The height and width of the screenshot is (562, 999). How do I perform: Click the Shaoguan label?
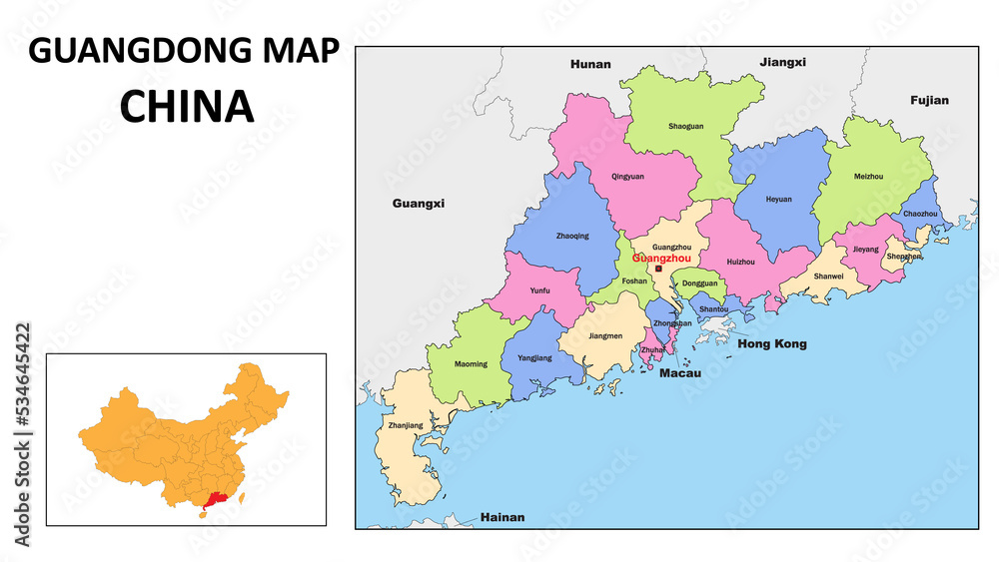point(684,127)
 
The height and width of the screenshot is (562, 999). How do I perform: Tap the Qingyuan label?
point(627,177)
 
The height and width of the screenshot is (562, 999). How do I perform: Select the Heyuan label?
point(778,199)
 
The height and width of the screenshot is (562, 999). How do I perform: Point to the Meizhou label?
point(868,177)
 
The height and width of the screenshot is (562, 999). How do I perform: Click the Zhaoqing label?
point(571,237)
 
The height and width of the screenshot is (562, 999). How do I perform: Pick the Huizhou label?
point(740,262)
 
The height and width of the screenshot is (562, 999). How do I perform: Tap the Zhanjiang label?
point(404,425)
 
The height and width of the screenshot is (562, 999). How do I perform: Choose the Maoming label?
point(471,364)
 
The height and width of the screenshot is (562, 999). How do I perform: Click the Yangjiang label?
point(534,357)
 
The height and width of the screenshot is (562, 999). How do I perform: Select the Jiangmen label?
point(605,336)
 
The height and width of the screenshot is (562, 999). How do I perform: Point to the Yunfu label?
point(539,290)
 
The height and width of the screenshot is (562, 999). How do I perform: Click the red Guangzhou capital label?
point(661,258)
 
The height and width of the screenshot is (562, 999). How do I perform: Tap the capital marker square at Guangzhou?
point(658,269)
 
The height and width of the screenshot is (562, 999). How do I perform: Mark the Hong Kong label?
point(771,344)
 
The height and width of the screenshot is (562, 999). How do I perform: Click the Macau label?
point(679,373)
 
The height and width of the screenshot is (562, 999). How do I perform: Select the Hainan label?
point(502,518)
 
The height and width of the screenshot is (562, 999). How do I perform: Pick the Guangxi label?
point(418,203)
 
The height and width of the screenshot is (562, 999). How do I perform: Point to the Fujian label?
point(929,100)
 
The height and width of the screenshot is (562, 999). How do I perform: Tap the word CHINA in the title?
point(187,107)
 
